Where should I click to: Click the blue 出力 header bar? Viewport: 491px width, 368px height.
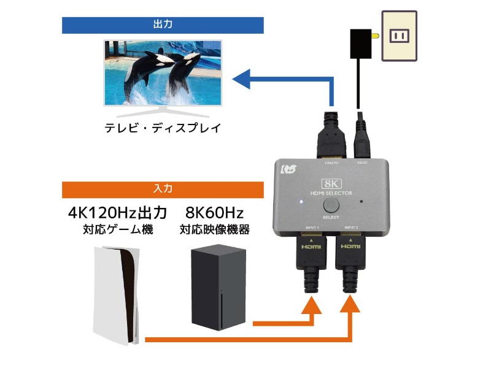pos(163,25)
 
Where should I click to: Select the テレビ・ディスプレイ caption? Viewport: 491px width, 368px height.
pos(163,129)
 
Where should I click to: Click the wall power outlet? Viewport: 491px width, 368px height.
pos(399,36)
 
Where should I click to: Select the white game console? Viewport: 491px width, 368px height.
pos(117,294)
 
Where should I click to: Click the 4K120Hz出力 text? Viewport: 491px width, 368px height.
pos(117,213)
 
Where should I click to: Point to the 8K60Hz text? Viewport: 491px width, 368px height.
pos(214,213)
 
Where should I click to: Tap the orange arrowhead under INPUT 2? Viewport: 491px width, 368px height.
pos(350,305)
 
